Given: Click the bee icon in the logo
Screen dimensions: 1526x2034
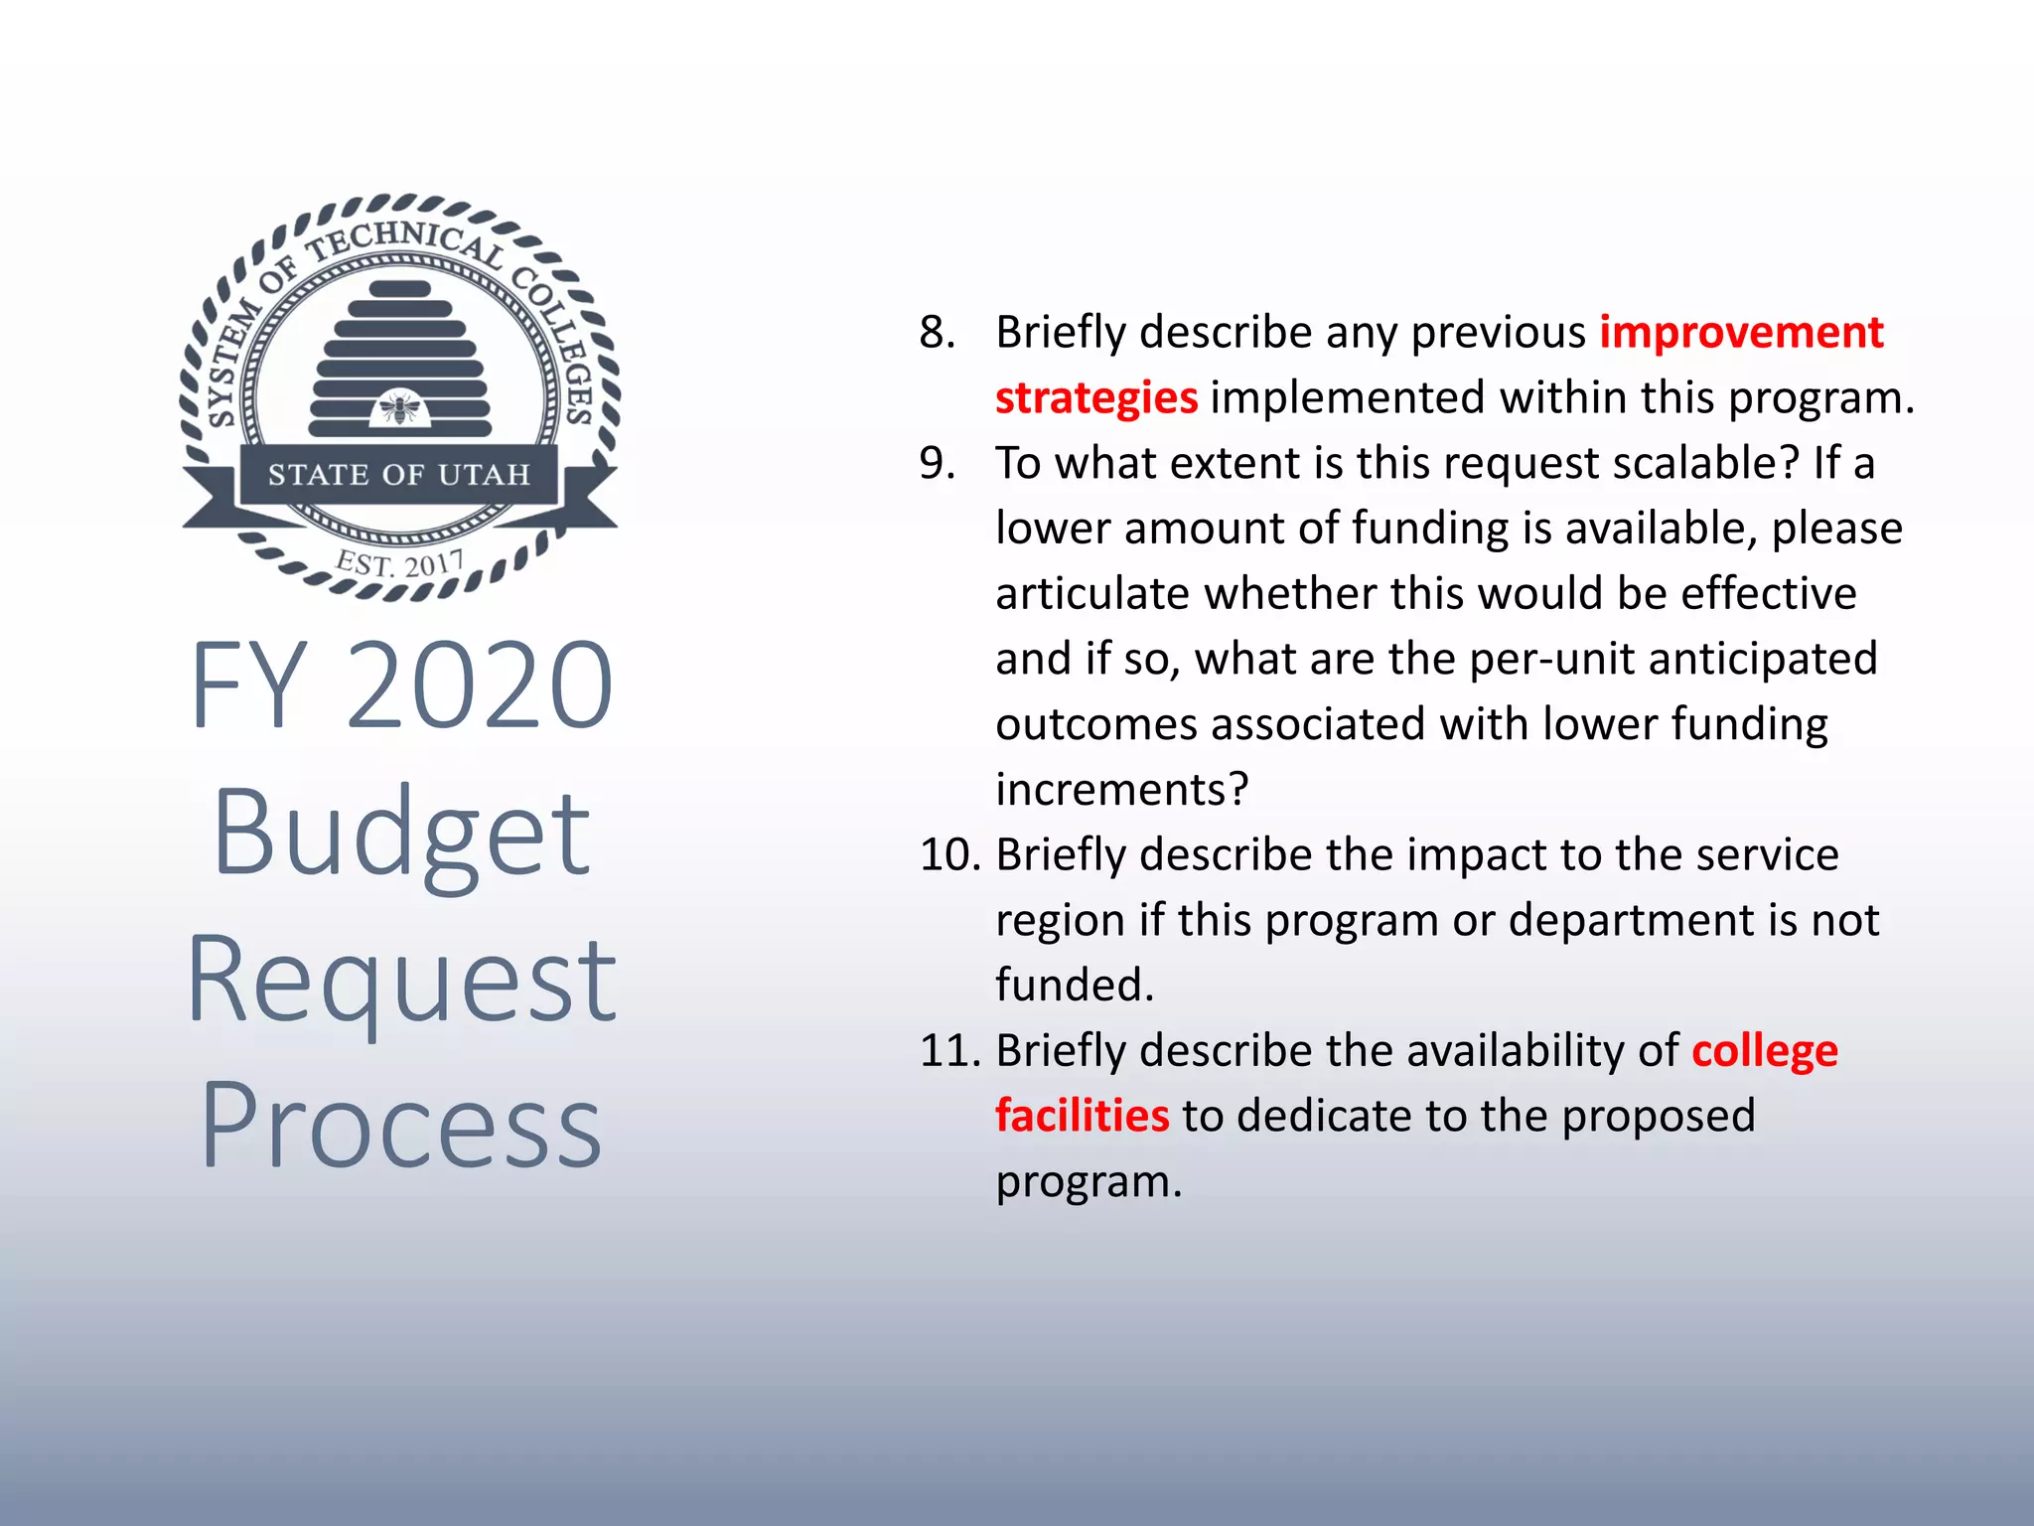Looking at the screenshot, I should pyautogui.click(x=400, y=407).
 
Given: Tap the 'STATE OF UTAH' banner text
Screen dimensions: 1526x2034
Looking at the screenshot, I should pyautogui.click(x=399, y=475).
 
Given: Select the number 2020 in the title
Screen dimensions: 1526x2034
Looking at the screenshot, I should pyautogui.click(x=480, y=686).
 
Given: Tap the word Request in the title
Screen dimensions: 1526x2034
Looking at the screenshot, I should pyautogui.click(x=401, y=982).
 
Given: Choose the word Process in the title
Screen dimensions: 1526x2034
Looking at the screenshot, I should pyautogui.click(x=401, y=1126).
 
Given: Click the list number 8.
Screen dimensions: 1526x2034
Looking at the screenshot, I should pyautogui.click(x=937, y=332).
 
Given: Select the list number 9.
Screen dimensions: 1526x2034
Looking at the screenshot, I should pyautogui.click(x=937, y=463).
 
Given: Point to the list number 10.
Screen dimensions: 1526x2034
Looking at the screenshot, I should pyautogui.click(x=949, y=854).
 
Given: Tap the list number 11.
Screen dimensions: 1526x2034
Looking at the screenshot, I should pyautogui.click(x=949, y=1050).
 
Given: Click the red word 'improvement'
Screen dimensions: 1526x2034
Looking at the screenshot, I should pyautogui.click(x=1741, y=332).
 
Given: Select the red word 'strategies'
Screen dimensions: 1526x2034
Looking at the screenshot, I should pyautogui.click(x=1096, y=398).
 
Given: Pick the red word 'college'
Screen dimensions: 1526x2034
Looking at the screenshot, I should pyautogui.click(x=1765, y=1052).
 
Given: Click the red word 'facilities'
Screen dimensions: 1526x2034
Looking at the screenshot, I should pyautogui.click(x=1083, y=1116).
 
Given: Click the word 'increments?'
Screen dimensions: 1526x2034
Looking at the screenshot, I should pyautogui.click(x=1121, y=790).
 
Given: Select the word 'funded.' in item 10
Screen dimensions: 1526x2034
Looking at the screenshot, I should pyautogui.click(x=1075, y=986).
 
